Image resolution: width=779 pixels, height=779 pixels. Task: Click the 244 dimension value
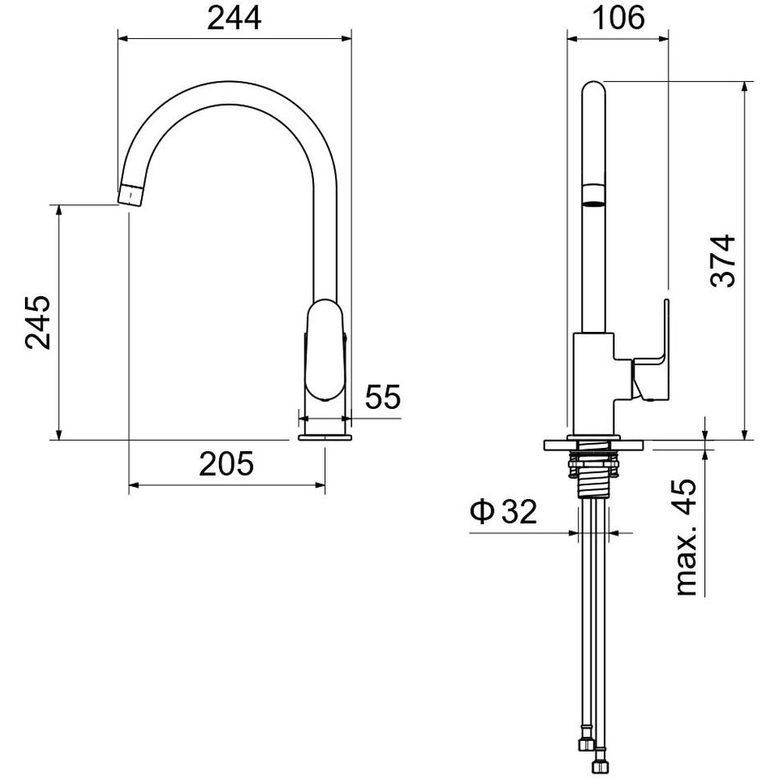(233, 19)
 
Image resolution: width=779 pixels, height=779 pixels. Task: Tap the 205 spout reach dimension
(227, 464)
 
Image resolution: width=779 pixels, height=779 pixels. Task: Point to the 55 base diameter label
(382, 397)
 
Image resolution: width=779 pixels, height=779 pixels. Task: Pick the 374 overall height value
(724, 260)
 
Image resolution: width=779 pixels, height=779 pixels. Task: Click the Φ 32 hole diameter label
(503, 512)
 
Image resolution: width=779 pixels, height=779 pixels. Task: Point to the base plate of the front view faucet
(325, 438)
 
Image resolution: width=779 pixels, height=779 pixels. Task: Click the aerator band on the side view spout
(594, 193)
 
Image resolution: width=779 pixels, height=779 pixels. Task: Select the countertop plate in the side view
(595, 445)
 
